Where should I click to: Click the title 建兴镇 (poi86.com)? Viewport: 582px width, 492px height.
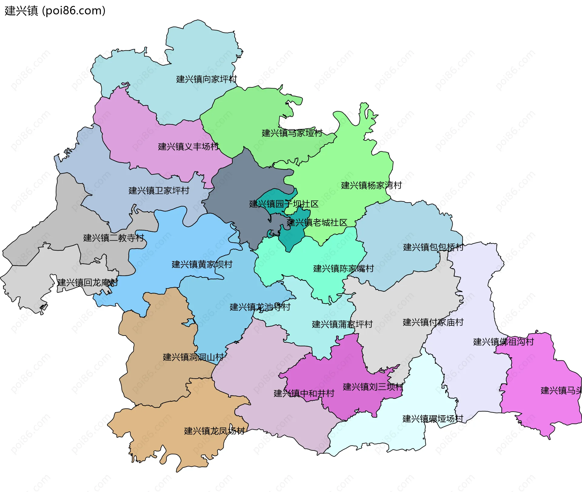(x=55, y=11)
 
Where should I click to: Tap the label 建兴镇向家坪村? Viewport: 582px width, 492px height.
(x=206, y=79)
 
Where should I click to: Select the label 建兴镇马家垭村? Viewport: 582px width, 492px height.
(x=292, y=133)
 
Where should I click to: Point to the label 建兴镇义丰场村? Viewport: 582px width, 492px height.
(x=188, y=147)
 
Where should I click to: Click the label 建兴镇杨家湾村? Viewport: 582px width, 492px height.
(x=371, y=185)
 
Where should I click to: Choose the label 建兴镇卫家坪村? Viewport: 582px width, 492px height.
(x=159, y=190)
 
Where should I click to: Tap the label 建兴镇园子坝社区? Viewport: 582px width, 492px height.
(x=284, y=204)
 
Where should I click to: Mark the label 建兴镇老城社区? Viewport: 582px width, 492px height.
(x=317, y=223)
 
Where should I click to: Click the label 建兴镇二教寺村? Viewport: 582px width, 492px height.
(x=113, y=238)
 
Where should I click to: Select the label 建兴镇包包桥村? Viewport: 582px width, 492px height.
(x=433, y=247)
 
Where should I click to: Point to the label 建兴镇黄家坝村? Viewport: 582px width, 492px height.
(x=202, y=264)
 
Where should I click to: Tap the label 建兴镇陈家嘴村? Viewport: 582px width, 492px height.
(x=343, y=268)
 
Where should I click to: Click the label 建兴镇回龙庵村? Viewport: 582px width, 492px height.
(x=88, y=282)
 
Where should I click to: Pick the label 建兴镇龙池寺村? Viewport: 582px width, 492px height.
(x=260, y=307)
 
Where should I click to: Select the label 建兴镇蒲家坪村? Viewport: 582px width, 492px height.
(x=342, y=324)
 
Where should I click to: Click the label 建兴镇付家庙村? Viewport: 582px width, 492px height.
(x=433, y=322)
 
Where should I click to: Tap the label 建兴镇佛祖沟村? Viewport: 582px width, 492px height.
(x=503, y=342)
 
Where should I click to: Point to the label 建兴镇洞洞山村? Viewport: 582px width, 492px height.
(x=193, y=357)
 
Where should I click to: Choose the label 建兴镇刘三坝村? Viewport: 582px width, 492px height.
(x=373, y=387)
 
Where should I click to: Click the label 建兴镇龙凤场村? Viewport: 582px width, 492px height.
(x=214, y=431)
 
